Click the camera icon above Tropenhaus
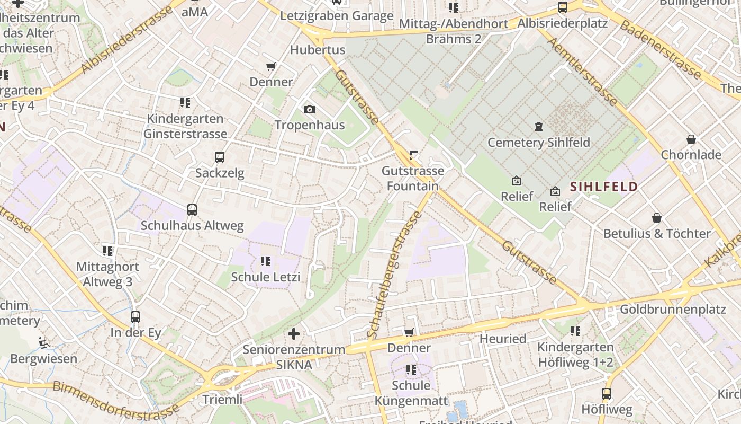coord(310,110)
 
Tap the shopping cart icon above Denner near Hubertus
coord(271,67)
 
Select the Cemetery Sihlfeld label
coord(538,142)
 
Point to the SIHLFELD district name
coord(603,187)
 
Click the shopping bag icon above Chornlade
coord(691,139)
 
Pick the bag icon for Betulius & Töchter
coord(656,218)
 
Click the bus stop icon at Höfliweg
coord(607,394)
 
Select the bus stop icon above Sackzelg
coord(220,157)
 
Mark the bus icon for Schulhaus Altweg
coord(192,210)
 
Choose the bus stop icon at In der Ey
coord(135,317)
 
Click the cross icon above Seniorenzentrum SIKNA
coord(294,334)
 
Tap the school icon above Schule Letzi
coord(266,261)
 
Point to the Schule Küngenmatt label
coord(411,393)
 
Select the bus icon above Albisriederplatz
coord(563,7)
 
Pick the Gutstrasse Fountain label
coord(413,178)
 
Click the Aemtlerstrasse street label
coord(582,71)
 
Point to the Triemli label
coord(222,399)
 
